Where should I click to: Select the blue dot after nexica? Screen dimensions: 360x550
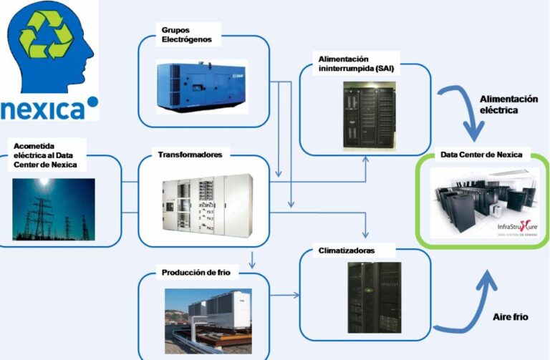click(92, 101)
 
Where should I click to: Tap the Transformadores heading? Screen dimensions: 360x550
click(189, 154)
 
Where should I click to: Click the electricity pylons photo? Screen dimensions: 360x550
click(54, 208)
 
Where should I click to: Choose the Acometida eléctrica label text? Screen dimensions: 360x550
click(44, 156)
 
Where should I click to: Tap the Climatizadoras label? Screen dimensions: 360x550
click(346, 251)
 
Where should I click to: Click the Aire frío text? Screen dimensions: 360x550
click(511, 316)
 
